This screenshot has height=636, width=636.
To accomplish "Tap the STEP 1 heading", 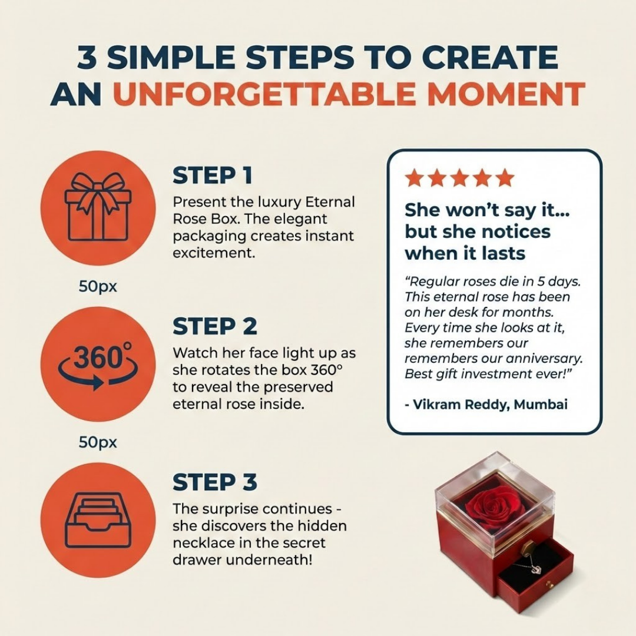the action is coord(213,175).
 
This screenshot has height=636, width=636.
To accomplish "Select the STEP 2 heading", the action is coord(215,326).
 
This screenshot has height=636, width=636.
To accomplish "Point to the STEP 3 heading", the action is coord(215,482).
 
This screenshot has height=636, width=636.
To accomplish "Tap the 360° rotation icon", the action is coord(98,364).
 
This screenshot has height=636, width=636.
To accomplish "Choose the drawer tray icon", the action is coord(98,520).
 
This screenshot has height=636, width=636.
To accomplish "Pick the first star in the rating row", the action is coord(415,178).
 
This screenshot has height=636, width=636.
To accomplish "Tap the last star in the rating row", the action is coord(505,178).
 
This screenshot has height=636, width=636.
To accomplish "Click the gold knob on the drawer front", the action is coord(549,585).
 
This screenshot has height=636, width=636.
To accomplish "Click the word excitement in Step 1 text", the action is coord(214,253).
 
